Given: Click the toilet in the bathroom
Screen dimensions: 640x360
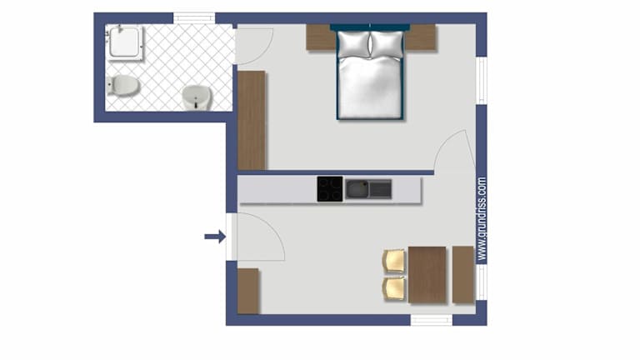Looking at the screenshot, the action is tap(122, 85).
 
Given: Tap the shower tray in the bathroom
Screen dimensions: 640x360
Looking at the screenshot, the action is tap(124, 42).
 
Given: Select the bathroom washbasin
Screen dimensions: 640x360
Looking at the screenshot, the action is tap(197, 97).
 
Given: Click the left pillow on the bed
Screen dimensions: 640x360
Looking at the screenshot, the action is tap(353, 44).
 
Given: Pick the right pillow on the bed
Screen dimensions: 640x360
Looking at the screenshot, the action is tap(387, 44).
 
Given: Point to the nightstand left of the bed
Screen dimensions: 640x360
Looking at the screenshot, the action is tap(321, 37).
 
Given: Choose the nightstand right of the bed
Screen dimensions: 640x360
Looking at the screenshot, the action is tap(420, 37).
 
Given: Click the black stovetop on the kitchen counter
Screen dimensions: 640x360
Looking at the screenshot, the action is tap(330, 189).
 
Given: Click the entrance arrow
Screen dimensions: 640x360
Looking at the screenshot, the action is tap(215, 237).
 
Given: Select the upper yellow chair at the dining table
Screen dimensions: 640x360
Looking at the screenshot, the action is tap(394, 261).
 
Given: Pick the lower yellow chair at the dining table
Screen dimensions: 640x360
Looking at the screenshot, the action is tap(394, 288).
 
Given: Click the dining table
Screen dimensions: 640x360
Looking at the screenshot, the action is tap(427, 275).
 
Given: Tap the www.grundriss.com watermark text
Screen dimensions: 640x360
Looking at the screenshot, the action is tap(482, 218).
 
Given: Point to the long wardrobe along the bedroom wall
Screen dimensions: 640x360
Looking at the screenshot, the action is tap(252, 120).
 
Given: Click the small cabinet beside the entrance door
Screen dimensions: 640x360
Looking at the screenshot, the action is tap(247, 291).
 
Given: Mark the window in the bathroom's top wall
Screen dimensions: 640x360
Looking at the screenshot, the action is tap(194, 18).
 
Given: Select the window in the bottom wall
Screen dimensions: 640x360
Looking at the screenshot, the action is tap(432, 320).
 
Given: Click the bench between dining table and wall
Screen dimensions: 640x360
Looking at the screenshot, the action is tap(463, 275).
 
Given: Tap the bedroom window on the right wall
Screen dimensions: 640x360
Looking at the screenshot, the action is tap(482, 80).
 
